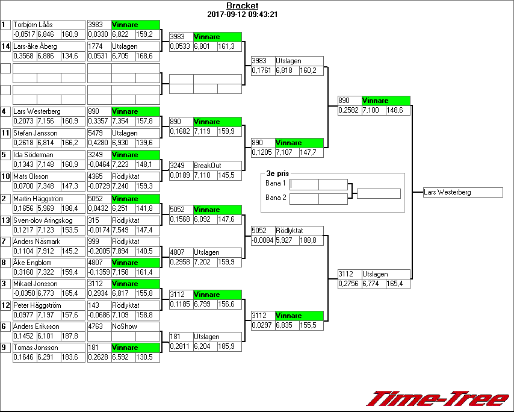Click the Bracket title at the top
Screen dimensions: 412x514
pyautogui.click(x=242, y=6)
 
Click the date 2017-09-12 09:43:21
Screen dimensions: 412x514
pyautogui.click(x=242, y=14)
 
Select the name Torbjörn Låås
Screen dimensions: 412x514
pyautogui.click(x=33, y=25)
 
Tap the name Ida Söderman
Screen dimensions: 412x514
pyautogui.click(x=33, y=155)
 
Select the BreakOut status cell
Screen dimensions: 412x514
pyautogui.click(x=206, y=166)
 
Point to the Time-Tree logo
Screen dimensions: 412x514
pyautogui.click(x=439, y=399)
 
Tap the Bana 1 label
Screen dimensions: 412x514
pyautogui.click(x=275, y=183)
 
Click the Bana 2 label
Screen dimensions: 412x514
pyautogui.click(x=275, y=198)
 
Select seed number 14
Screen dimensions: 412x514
pyautogui.click(x=5, y=46)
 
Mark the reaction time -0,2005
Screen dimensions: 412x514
pyautogui.click(x=99, y=252)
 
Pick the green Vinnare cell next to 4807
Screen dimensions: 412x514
pyautogui.click(x=136, y=263)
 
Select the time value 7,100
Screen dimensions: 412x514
pyautogui.click(x=371, y=110)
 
